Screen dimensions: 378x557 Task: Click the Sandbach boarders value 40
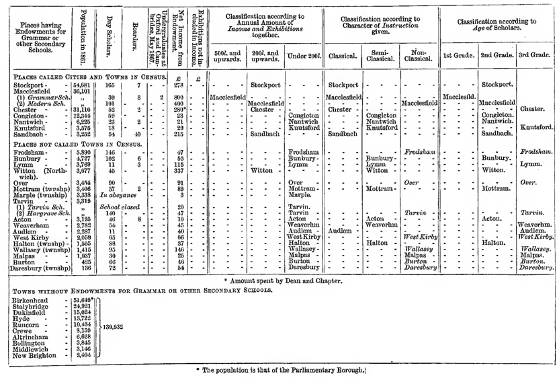click(x=137, y=135)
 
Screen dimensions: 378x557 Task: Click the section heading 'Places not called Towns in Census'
click(x=78, y=145)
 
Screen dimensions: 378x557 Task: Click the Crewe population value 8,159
click(x=83, y=331)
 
